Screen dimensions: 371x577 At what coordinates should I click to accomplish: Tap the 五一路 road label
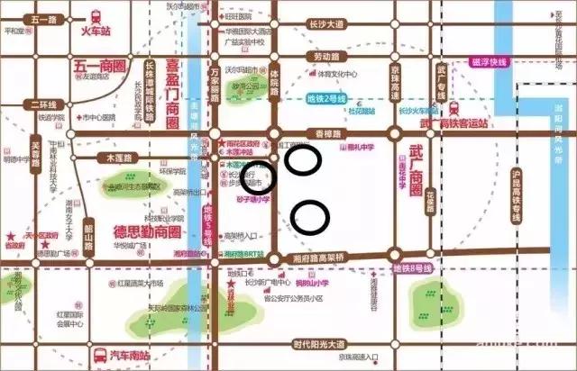(x=42, y=19)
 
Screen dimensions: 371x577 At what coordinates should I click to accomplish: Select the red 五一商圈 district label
(x=98, y=66)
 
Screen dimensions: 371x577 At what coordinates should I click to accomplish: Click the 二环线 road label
(x=42, y=103)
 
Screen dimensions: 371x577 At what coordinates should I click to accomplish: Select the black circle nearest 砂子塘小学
(x=260, y=178)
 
